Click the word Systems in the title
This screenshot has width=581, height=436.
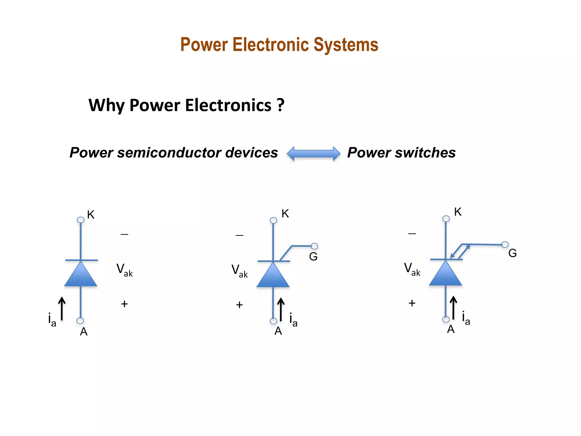point(346,45)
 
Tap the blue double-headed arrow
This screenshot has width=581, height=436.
point(313,154)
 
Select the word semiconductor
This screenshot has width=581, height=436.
point(169,153)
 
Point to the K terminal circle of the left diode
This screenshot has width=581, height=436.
point(81,220)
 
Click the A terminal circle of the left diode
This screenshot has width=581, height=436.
point(80,321)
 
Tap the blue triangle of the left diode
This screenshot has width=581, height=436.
point(81,275)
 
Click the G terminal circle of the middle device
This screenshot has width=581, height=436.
point(314,246)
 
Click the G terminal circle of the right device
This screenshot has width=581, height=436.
point(505,245)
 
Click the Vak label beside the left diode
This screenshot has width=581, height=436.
point(124,269)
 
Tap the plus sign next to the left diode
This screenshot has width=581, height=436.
point(124,304)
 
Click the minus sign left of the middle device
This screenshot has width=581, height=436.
point(239,235)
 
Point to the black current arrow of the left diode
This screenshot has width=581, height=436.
point(62,309)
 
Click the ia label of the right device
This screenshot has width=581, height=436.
point(466,318)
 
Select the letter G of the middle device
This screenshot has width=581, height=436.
point(313,257)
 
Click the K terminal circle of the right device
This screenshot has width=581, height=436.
point(446,219)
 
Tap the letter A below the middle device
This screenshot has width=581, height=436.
point(278,331)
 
